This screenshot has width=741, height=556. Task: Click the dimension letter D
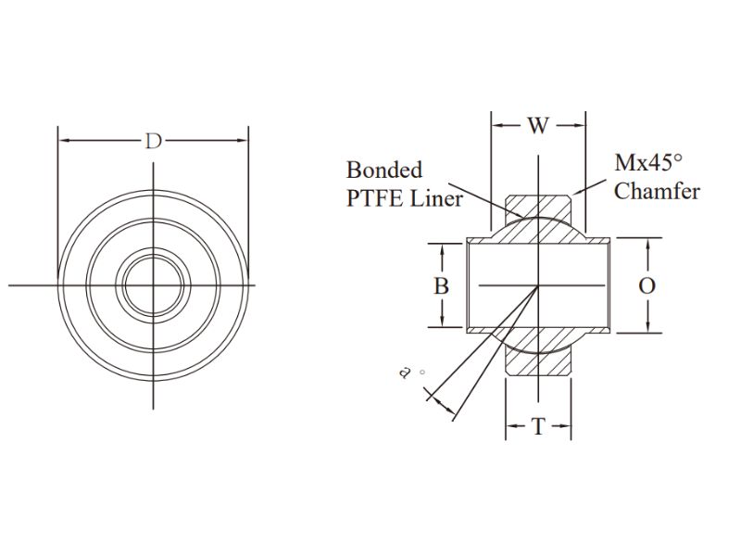(x=153, y=141)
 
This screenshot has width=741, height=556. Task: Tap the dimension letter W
(x=538, y=126)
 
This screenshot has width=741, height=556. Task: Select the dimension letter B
(x=442, y=286)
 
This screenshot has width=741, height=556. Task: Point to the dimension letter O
(x=647, y=286)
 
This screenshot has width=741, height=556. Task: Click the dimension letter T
(x=539, y=426)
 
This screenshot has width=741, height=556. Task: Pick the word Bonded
(x=384, y=171)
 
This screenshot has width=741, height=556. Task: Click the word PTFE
(x=375, y=198)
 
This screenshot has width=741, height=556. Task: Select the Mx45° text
(x=648, y=163)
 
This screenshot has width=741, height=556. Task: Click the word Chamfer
(x=657, y=192)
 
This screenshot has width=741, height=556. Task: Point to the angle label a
(x=404, y=373)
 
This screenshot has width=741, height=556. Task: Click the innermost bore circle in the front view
(x=153, y=285)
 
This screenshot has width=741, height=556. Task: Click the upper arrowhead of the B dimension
(x=442, y=250)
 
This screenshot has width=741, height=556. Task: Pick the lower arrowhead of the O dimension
(x=647, y=326)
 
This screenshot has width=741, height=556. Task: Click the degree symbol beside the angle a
(x=422, y=373)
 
